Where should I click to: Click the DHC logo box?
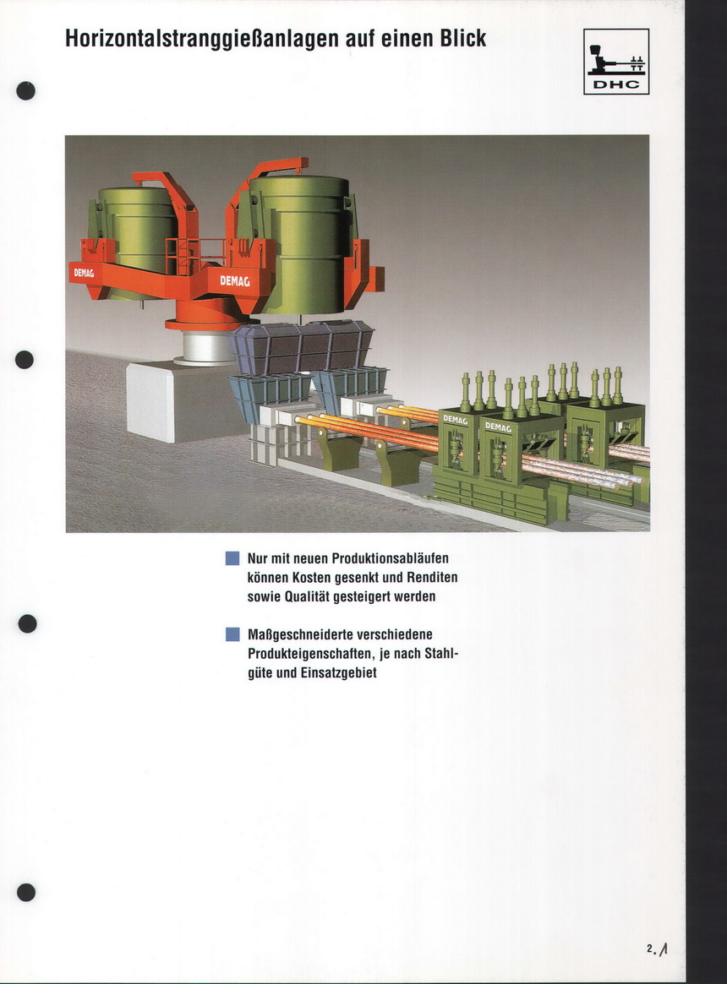coord(615,62)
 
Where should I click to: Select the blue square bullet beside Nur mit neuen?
coord(232,558)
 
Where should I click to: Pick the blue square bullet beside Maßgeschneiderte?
coord(232,634)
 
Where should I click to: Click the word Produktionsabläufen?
coord(391,558)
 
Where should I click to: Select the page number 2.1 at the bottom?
coord(657,949)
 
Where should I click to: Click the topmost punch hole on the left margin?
coord(25,91)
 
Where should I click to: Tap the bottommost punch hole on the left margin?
coord(25,892)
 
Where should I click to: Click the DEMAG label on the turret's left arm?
coord(84,273)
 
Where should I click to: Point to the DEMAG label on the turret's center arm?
coord(234,281)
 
